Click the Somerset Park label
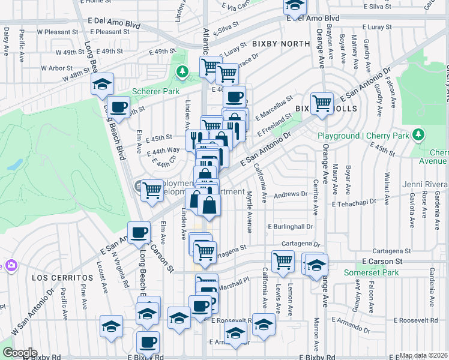[x=371, y=272]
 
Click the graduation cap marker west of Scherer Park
[x=103, y=83]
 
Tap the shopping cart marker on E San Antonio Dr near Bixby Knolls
[x=322, y=102]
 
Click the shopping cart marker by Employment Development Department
[x=152, y=190]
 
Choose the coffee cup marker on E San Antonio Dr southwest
[x=139, y=231]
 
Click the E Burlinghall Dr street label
[x=291, y=227]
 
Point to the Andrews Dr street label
[x=290, y=194]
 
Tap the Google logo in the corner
[x=19, y=353]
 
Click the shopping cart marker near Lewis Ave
[x=282, y=260]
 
